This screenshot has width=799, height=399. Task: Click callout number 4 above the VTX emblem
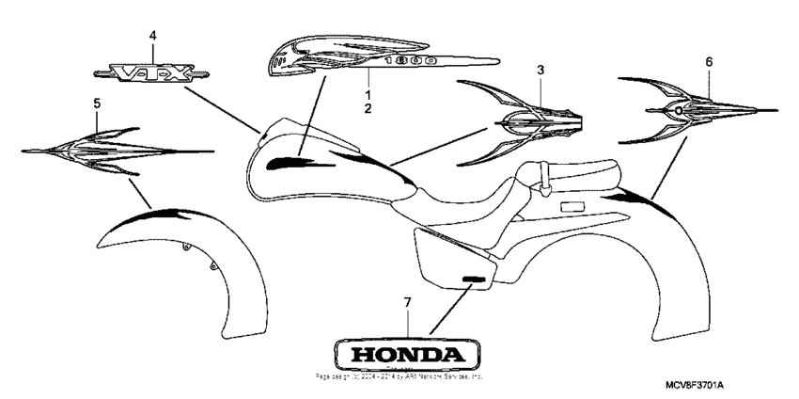click(153, 35)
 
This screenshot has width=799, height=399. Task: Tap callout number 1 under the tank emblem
click(368, 95)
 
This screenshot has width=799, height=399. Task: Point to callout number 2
click(368, 108)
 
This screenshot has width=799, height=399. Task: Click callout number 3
click(540, 70)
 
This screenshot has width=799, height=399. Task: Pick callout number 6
click(709, 62)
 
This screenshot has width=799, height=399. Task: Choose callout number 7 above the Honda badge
click(407, 302)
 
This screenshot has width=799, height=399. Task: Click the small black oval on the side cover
click(475, 279)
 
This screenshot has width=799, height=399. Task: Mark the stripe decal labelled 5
click(113, 151)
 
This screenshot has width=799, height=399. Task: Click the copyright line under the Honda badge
click(399, 375)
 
